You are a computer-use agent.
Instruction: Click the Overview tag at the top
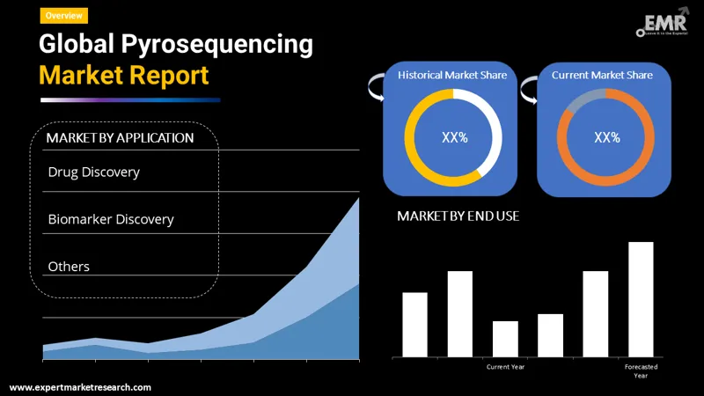(64, 15)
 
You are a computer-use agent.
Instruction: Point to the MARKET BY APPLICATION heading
(120, 138)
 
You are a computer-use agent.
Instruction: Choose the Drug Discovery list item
(93, 172)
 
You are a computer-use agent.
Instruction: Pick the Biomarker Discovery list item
(111, 219)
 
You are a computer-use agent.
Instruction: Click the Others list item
(69, 266)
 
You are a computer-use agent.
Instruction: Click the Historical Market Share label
(452, 76)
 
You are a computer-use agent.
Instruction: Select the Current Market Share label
(602, 76)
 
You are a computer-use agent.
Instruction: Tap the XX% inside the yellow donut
(453, 137)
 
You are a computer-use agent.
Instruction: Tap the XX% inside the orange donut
(606, 137)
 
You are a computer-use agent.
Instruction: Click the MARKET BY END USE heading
(458, 216)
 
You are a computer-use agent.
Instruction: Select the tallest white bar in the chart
(641, 299)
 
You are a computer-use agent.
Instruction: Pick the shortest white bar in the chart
(505, 339)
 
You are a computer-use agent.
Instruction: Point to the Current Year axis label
(505, 366)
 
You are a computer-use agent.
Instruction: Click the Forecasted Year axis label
(641, 370)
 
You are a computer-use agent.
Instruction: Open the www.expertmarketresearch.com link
(80, 387)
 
